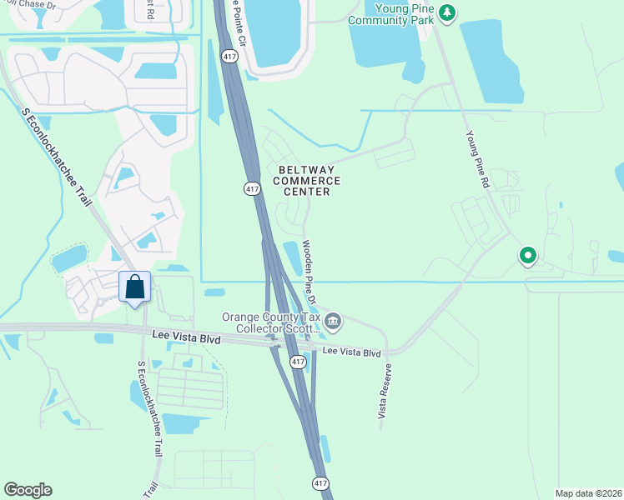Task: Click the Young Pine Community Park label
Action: [x=393, y=13]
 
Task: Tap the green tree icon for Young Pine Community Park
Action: [x=448, y=12]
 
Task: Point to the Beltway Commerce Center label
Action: [x=306, y=180]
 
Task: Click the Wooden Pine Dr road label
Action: [x=309, y=272]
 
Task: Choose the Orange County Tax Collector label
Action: [x=270, y=322]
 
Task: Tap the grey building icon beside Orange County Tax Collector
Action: [x=333, y=321]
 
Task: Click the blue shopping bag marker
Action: [x=134, y=287]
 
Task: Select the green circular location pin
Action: [x=527, y=256]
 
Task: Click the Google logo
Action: [x=28, y=490]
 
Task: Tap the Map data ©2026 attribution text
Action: [x=588, y=493]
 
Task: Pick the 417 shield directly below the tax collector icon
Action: [x=298, y=362]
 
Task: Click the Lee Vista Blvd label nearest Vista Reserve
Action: [x=351, y=352]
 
